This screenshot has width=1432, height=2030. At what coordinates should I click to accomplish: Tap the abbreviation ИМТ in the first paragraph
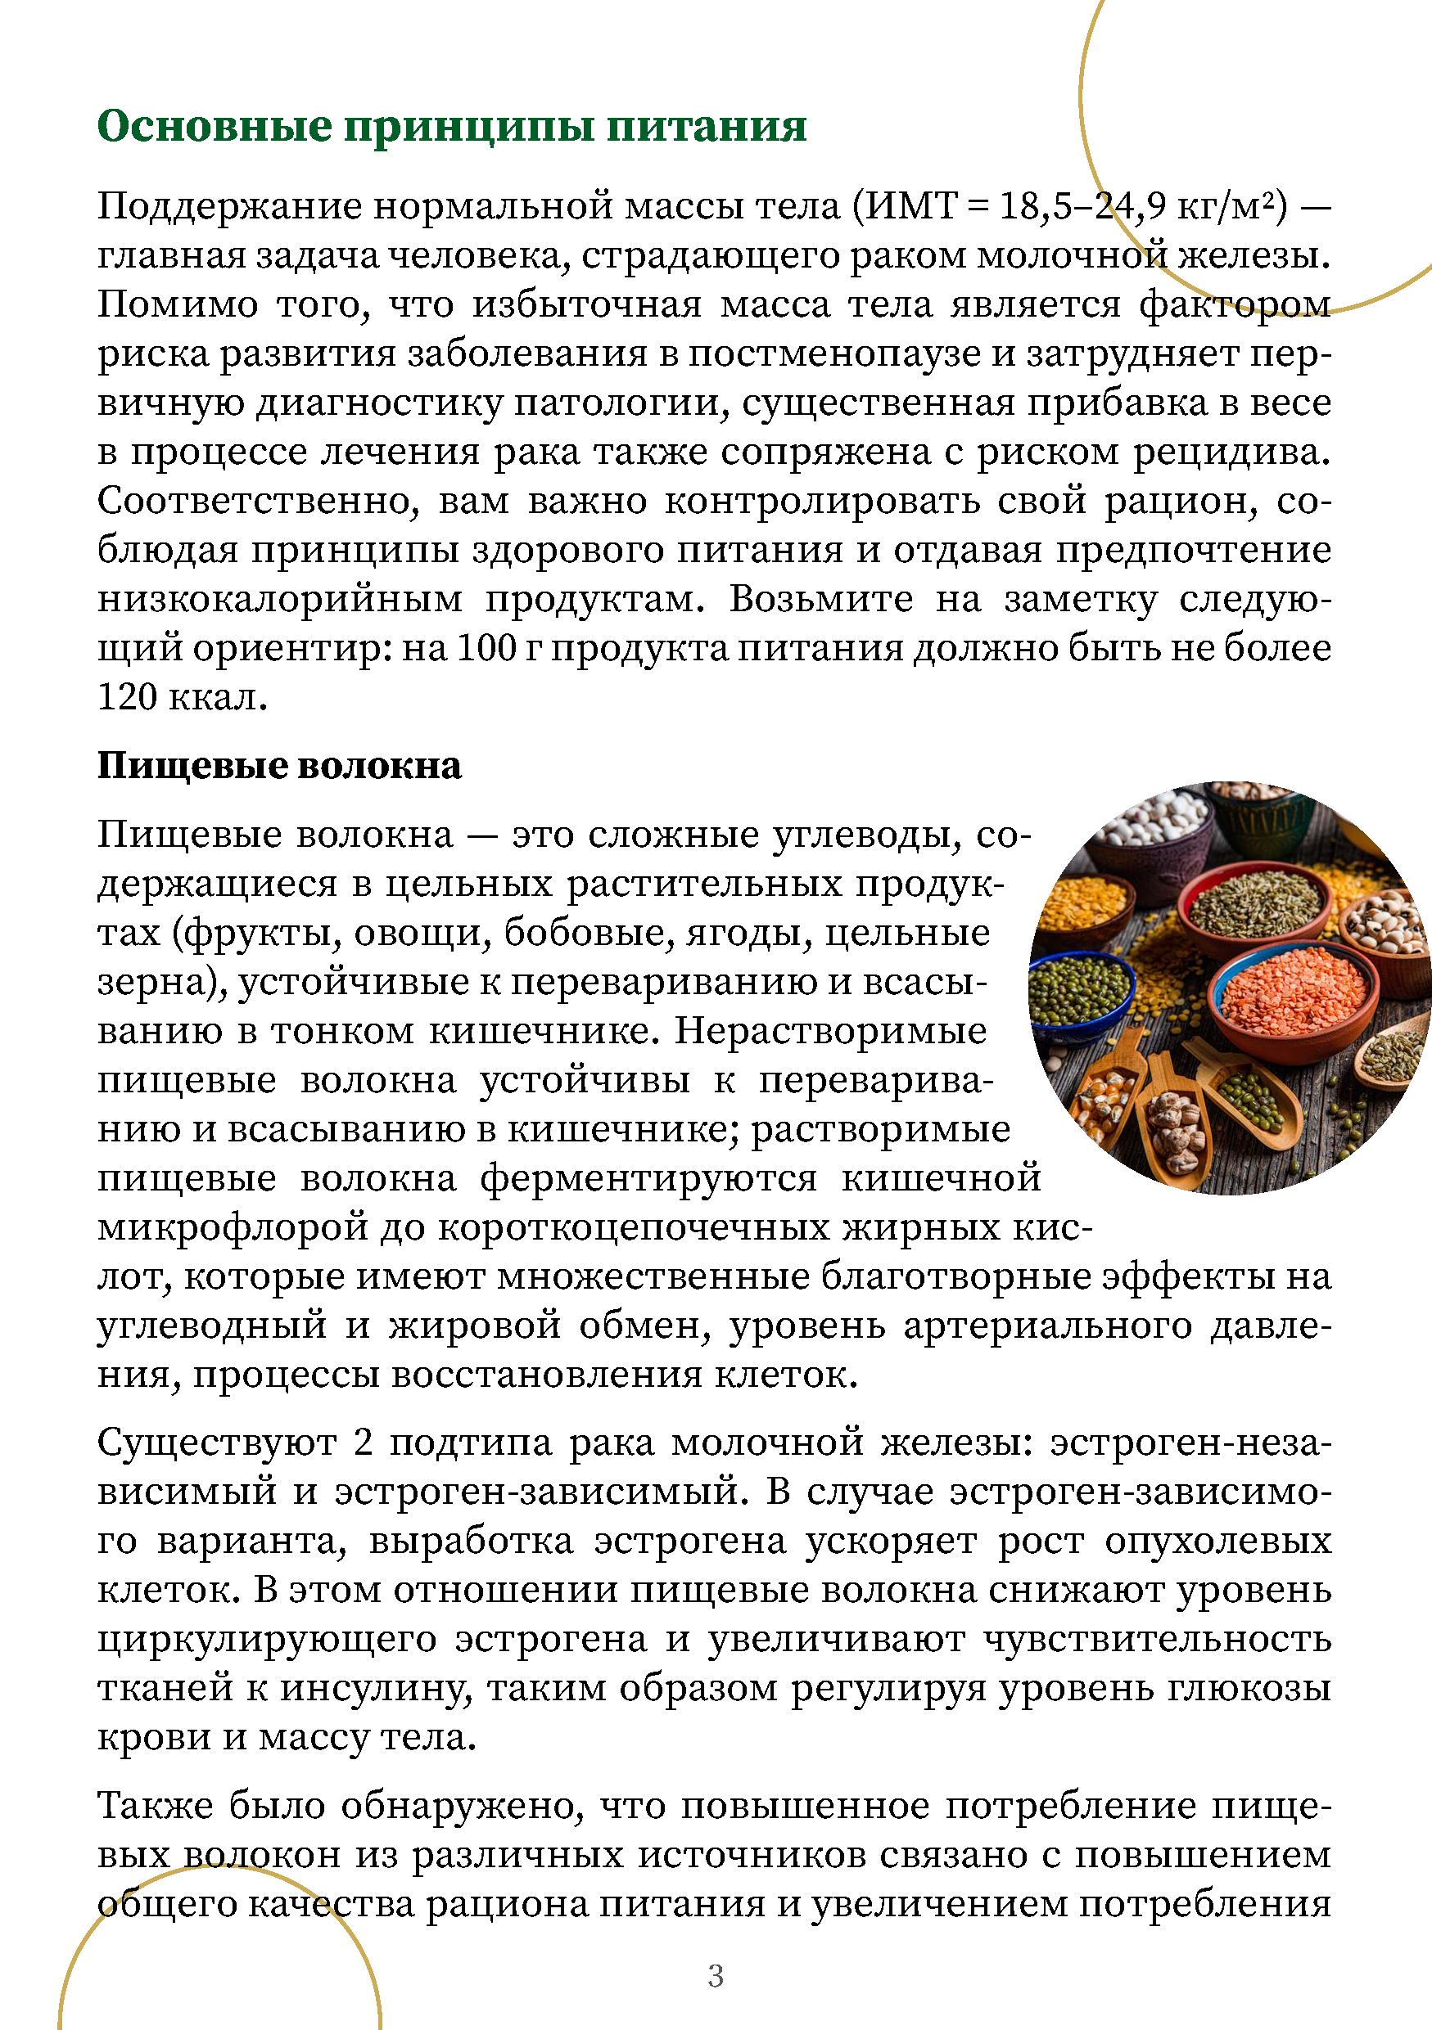pyautogui.click(x=911, y=206)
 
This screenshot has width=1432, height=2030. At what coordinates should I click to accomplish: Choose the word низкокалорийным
pyautogui.click(x=279, y=600)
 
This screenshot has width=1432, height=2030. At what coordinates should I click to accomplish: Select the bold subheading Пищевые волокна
pyautogui.click(x=279, y=766)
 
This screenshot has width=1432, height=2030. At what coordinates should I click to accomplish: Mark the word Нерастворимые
pyautogui.click(x=830, y=1031)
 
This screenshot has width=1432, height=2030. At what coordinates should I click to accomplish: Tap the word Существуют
pyautogui.click(x=217, y=1442)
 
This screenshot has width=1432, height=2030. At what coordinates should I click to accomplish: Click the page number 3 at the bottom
pyautogui.click(x=716, y=1975)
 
